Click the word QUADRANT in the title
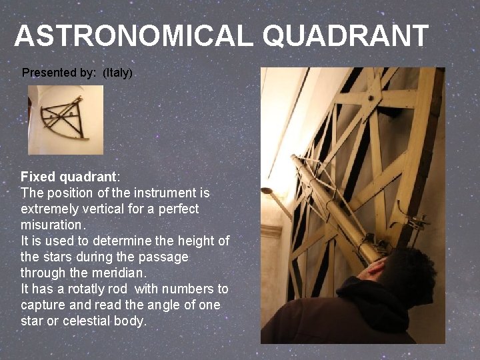click(x=345, y=36)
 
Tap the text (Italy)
click(x=118, y=73)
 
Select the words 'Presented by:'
click(x=59, y=73)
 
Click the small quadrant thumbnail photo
click(x=65, y=120)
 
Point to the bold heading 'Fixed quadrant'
click(x=69, y=177)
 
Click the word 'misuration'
click(x=52, y=225)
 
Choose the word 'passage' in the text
click(x=163, y=257)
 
